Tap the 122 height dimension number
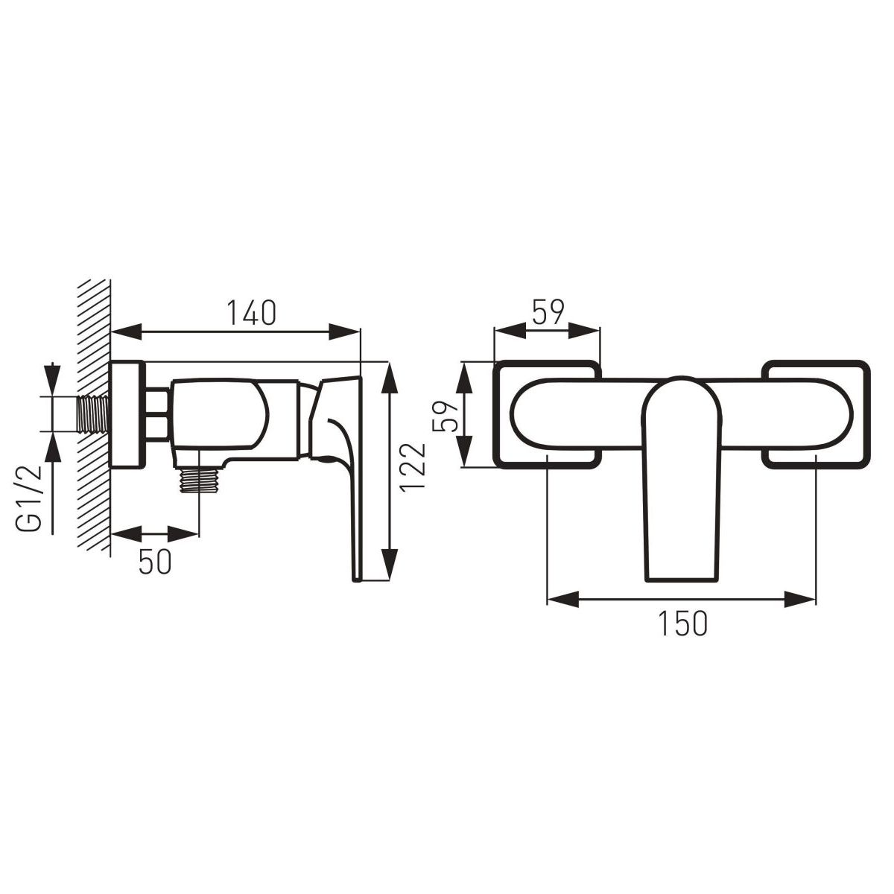(413, 466)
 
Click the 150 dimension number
(682, 623)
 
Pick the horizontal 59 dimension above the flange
(548, 312)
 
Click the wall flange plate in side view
(127, 414)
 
